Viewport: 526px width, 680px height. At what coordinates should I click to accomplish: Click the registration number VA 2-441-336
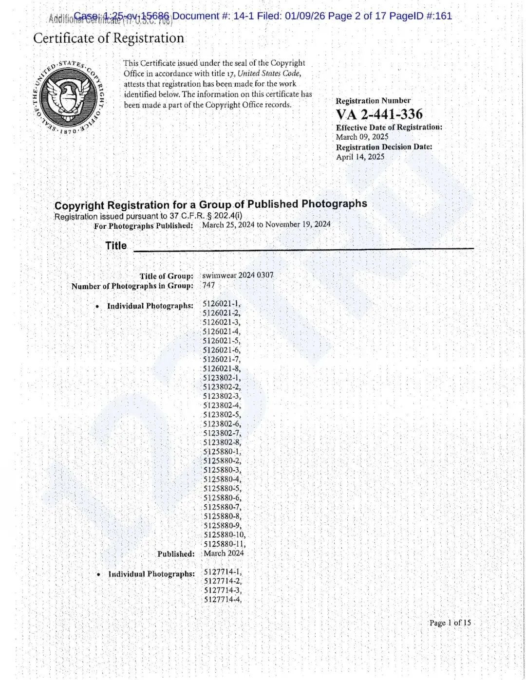379,114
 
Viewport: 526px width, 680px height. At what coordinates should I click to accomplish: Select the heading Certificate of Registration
109,38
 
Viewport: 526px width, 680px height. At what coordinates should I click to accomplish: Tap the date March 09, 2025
362,137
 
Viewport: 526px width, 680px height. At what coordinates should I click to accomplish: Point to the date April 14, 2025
360,157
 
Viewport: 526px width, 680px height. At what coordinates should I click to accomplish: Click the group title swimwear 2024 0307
238,275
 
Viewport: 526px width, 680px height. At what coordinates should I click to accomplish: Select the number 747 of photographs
208,285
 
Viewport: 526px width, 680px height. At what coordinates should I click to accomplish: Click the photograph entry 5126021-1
221,304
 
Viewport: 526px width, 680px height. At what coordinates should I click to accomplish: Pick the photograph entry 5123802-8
222,442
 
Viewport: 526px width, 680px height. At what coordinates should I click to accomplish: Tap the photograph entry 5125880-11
225,544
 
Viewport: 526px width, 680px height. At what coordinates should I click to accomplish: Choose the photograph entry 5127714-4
223,600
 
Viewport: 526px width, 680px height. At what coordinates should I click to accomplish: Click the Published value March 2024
224,553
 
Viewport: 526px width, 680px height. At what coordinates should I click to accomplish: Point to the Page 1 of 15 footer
450,623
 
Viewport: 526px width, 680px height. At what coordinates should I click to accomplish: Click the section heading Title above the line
116,246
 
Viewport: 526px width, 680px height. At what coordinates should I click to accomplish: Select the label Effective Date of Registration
389,127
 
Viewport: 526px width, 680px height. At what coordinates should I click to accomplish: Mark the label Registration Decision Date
384,147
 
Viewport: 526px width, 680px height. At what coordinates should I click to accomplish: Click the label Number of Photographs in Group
132,286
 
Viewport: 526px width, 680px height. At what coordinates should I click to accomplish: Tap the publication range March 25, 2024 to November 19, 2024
266,224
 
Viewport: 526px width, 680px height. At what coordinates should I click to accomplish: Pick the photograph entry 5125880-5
222,489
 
